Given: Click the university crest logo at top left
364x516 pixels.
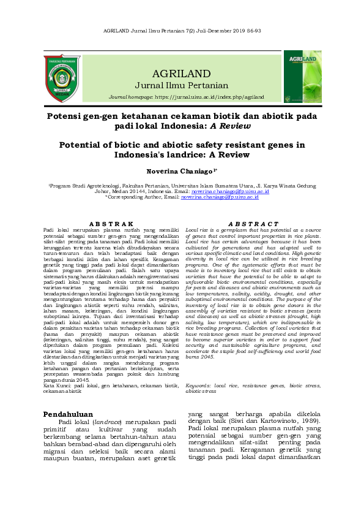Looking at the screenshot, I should [x=62, y=78].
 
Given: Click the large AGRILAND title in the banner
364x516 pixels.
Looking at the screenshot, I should [x=182, y=73].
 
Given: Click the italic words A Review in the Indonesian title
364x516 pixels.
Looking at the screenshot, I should [x=228, y=126].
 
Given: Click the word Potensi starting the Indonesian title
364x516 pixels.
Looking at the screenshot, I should [x=66, y=115].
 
